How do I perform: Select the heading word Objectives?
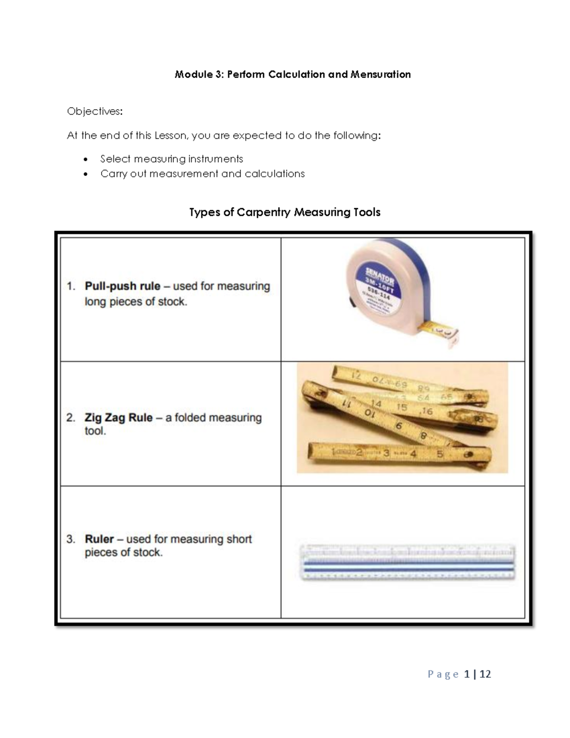[94, 111]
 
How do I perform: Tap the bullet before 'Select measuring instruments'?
[85, 160]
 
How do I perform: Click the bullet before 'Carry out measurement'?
[85, 174]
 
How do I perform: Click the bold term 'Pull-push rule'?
[122, 287]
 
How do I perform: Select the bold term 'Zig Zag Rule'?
[118, 418]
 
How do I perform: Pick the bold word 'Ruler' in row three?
[99, 539]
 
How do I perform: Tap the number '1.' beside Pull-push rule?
[71, 287]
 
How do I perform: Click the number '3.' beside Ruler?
[71, 539]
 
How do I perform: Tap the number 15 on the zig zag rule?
[401, 407]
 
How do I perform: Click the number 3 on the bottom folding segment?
[386, 453]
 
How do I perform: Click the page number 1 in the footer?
[467, 674]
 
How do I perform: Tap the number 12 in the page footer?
[485, 674]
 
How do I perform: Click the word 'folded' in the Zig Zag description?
[190, 418]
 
